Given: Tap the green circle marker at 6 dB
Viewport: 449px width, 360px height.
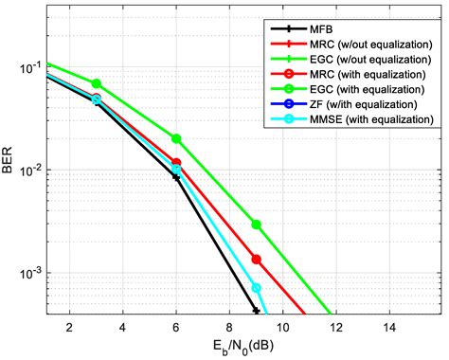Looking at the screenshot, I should coord(176,138).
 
